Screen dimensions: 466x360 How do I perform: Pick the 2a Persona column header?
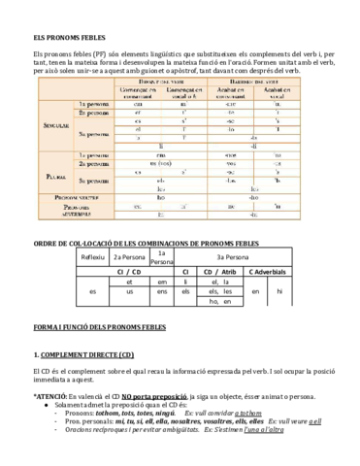point(129,257)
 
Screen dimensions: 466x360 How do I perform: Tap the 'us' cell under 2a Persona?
point(129,291)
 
